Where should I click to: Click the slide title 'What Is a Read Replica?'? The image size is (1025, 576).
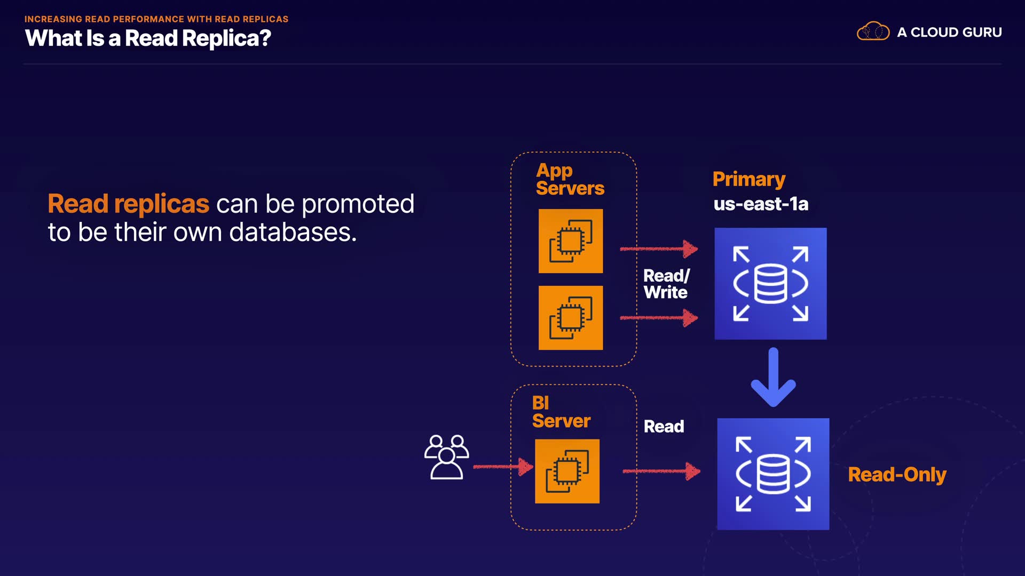pos(148,38)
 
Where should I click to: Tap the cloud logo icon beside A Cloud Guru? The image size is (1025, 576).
pos(873,31)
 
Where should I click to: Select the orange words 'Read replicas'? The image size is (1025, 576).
pos(129,204)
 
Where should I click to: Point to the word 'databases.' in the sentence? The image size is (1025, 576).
pos(293,232)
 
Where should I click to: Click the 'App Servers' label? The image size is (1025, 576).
pos(570,179)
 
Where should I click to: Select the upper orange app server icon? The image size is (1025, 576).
pos(571,241)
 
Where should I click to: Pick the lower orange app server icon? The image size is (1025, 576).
pos(571,318)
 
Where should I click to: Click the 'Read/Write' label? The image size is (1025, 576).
pos(666,284)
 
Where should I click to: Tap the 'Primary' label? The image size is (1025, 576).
pos(749,180)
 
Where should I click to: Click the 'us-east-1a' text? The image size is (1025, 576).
pos(761,204)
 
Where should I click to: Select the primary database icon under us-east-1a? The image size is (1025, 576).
pos(770,284)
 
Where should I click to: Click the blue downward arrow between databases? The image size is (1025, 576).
pos(773,377)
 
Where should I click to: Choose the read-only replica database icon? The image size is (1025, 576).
pos(773,474)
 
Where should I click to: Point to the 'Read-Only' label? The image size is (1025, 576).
pos(897,475)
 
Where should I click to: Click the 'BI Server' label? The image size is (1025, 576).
pos(561,412)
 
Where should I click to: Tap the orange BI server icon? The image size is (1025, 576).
pos(567,471)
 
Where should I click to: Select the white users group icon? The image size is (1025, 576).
pos(447,457)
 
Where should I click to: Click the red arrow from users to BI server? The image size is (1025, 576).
pos(503,467)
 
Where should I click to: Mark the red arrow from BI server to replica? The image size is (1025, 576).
pos(662,471)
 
